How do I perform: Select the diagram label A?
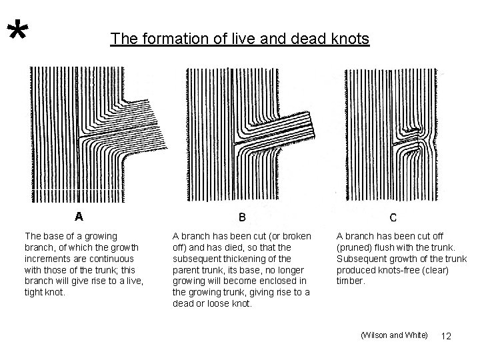79,216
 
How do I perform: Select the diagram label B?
242,217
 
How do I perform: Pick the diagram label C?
393,217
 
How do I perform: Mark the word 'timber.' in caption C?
351,281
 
